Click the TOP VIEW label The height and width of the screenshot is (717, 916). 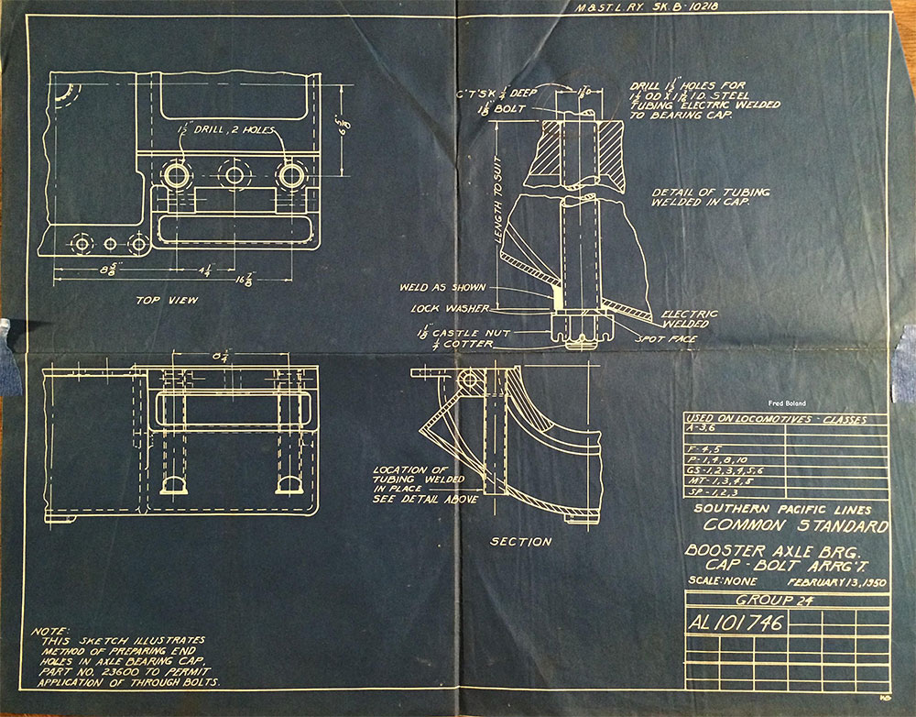point(166,300)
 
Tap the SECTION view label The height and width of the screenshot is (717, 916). point(520,542)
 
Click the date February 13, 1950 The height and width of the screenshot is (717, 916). point(834,581)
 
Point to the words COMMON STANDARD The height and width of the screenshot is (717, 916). point(795,527)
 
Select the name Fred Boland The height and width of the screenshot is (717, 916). point(786,403)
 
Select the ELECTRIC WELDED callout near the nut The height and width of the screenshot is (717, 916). point(687,318)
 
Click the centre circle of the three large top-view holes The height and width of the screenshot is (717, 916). point(235,174)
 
